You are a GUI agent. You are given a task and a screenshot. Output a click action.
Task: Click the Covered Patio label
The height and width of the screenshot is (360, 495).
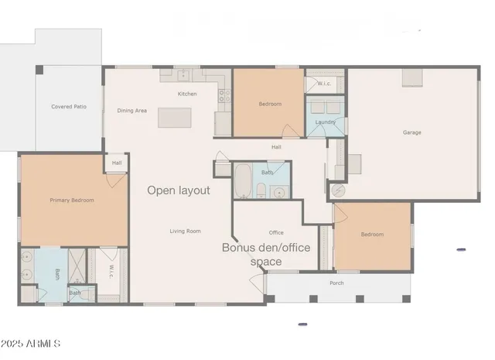click(69, 107)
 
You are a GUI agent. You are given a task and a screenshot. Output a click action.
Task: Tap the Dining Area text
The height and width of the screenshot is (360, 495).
click(132, 111)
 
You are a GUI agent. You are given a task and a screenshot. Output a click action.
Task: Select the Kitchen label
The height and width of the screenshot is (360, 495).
click(187, 94)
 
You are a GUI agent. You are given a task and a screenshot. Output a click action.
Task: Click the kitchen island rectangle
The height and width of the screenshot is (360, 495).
click(175, 117)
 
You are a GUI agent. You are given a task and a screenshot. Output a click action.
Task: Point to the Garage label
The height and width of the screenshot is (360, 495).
click(411, 132)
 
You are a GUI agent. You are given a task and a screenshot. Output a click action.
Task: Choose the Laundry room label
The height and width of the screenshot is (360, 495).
click(324, 122)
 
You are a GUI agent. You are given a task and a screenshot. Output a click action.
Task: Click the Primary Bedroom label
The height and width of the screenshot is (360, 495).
click(72, 201)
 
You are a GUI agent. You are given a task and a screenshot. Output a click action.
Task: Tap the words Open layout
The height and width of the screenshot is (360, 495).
click(179, 190)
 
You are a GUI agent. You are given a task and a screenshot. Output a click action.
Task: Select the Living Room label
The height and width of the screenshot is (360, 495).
click(186, 231)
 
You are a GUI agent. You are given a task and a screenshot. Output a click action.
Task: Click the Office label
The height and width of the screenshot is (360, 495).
click(276, 232)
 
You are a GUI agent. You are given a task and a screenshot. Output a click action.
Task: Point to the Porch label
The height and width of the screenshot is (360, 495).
click(336, 283)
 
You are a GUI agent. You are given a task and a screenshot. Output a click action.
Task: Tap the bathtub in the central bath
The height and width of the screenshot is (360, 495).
click(241, 180)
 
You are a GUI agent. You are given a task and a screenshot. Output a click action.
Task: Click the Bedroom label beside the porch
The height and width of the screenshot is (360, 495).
click(372, 235)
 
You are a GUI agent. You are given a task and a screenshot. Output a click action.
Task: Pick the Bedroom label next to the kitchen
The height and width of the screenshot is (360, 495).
click(270, 104)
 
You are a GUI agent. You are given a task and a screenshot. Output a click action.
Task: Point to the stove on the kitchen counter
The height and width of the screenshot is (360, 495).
click(224, 96)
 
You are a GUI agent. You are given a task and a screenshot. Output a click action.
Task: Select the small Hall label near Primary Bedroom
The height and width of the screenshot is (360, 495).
click(117, 163)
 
